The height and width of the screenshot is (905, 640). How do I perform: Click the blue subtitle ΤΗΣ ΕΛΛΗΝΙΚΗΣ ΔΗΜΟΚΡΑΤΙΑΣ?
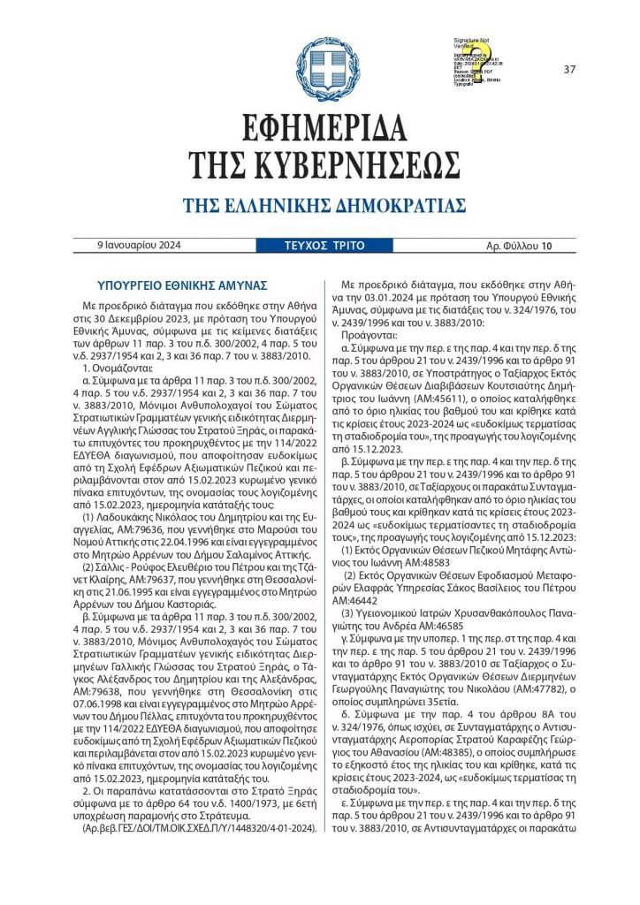324,206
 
